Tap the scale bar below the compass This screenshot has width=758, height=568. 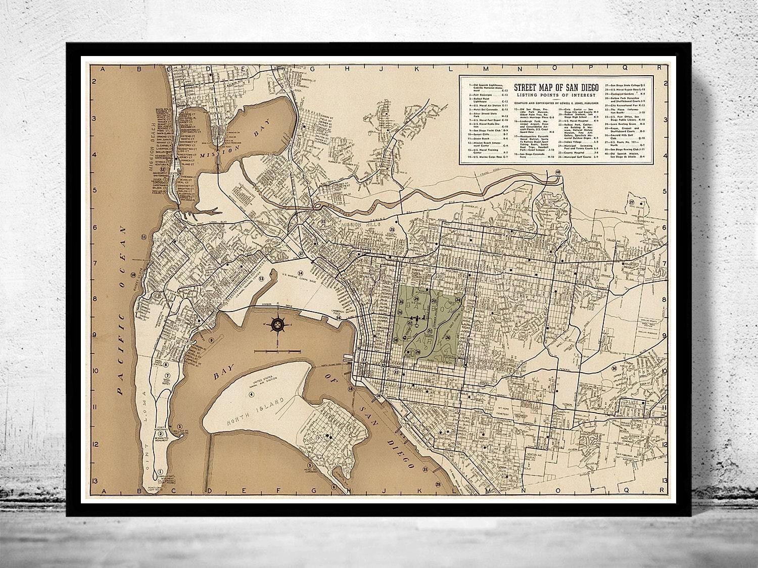click(x=277, y=350)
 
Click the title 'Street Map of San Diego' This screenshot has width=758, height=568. click(x=556, y=87)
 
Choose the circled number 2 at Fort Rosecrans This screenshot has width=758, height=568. click(x=161, y=433)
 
